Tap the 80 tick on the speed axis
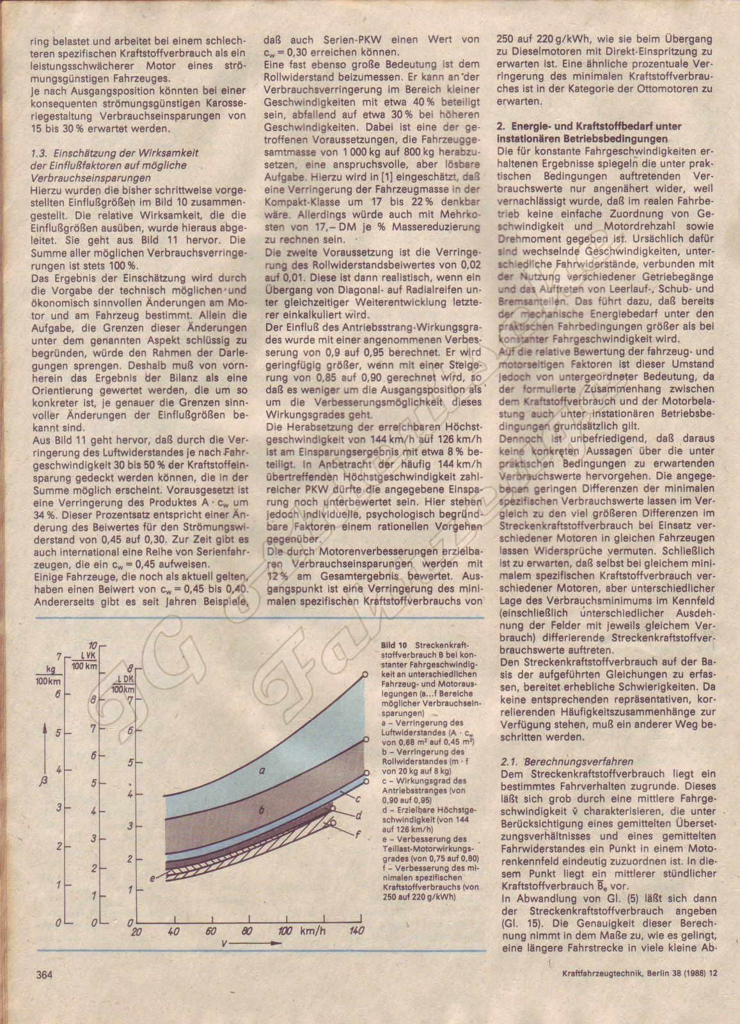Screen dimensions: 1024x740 (247, 931)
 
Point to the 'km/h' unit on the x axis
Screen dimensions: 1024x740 (315, 930)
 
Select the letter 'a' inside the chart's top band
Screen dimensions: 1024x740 (262, 771)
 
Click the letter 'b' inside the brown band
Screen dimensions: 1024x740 (262, 810)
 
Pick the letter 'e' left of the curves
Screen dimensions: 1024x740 (153, 878)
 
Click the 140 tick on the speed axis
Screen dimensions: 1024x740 (356, 931)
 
